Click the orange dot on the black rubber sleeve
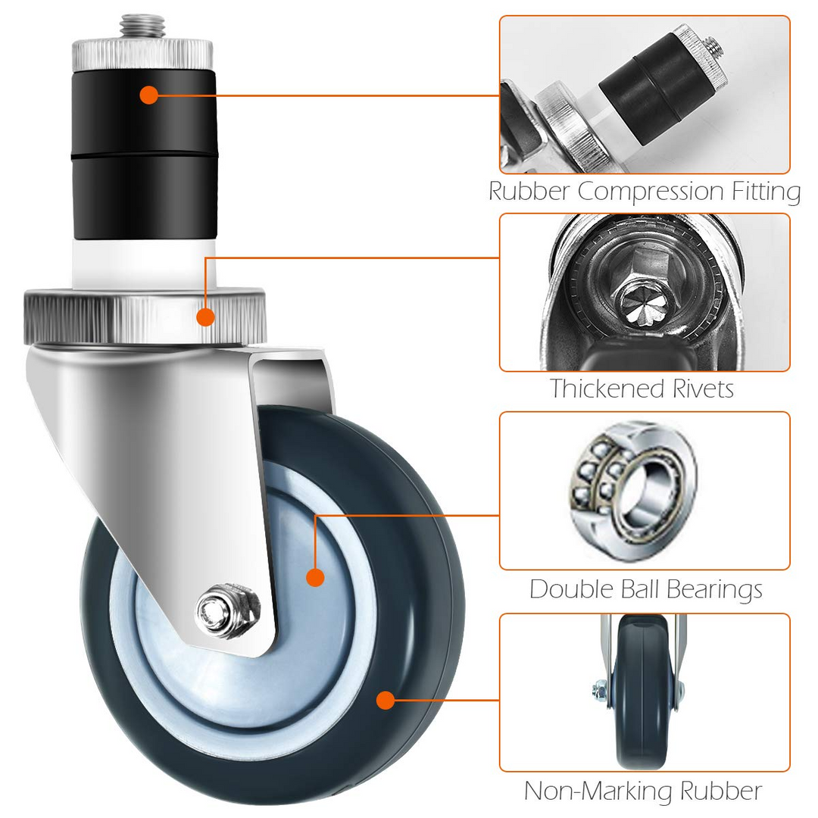point(149,95)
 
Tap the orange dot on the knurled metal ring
point(205,317)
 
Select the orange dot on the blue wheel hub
point(315,577)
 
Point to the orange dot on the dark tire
point(386,700)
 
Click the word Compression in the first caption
point(651,191)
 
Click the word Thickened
point(607,389)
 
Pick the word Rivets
point(703,389)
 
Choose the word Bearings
point(714,590)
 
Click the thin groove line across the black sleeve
point(144,155)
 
